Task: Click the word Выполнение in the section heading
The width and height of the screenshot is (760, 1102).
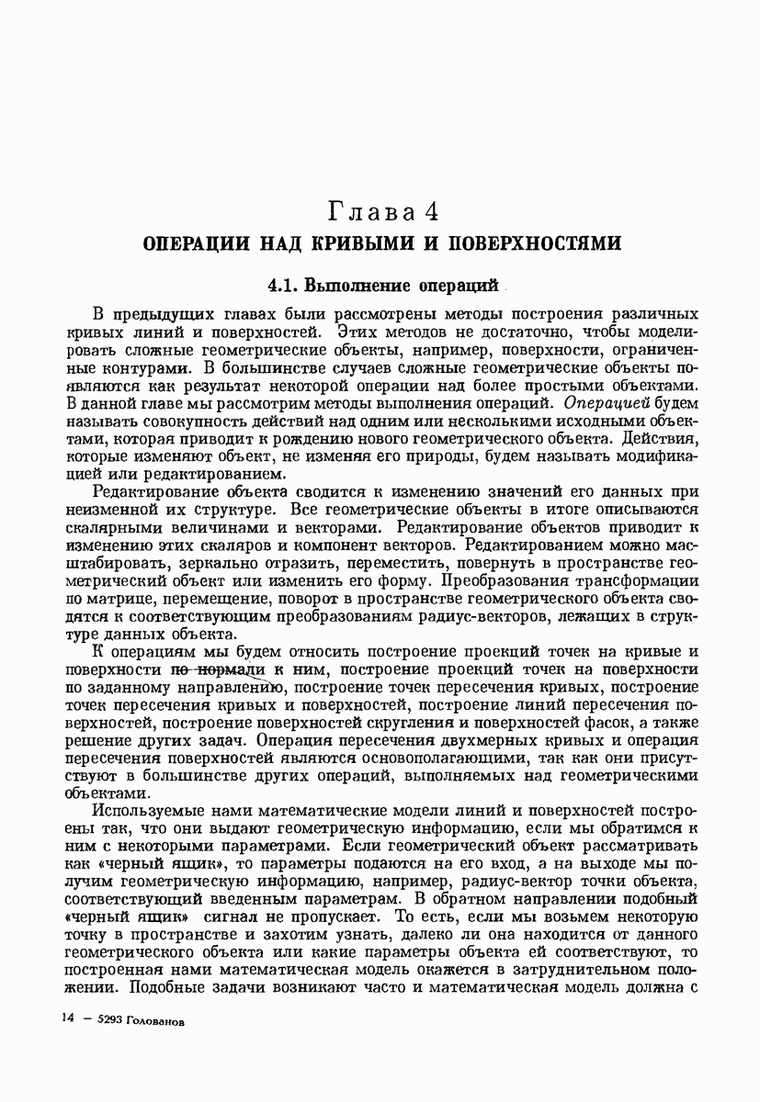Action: pyautogui.click(x=347, y=285)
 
